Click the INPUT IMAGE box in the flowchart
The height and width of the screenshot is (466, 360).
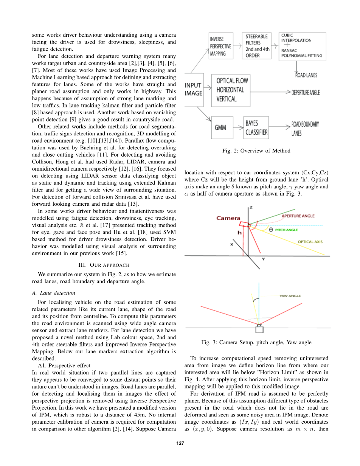(194, 89)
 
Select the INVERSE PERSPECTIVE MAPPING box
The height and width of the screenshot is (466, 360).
(220, 46)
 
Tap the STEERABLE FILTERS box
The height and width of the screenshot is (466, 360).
(256, 46)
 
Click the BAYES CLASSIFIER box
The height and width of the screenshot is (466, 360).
(256, 128)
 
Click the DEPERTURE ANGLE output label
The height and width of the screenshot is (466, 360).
(306, 93)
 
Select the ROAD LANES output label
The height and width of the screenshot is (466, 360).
(306, 75)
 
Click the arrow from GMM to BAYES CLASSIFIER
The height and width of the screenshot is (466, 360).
(238, 127)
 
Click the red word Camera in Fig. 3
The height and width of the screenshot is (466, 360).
(228, 218)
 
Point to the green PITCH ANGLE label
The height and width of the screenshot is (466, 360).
(286, 230)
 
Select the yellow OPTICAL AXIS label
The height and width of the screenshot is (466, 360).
(310, 242)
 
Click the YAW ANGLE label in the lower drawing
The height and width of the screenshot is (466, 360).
(290, 296)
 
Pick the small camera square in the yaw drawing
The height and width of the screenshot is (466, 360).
(259, 329)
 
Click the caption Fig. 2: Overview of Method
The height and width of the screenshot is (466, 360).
(256, 151)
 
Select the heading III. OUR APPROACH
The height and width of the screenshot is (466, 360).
(104, 264)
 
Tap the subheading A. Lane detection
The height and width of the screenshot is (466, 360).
(53, 293)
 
